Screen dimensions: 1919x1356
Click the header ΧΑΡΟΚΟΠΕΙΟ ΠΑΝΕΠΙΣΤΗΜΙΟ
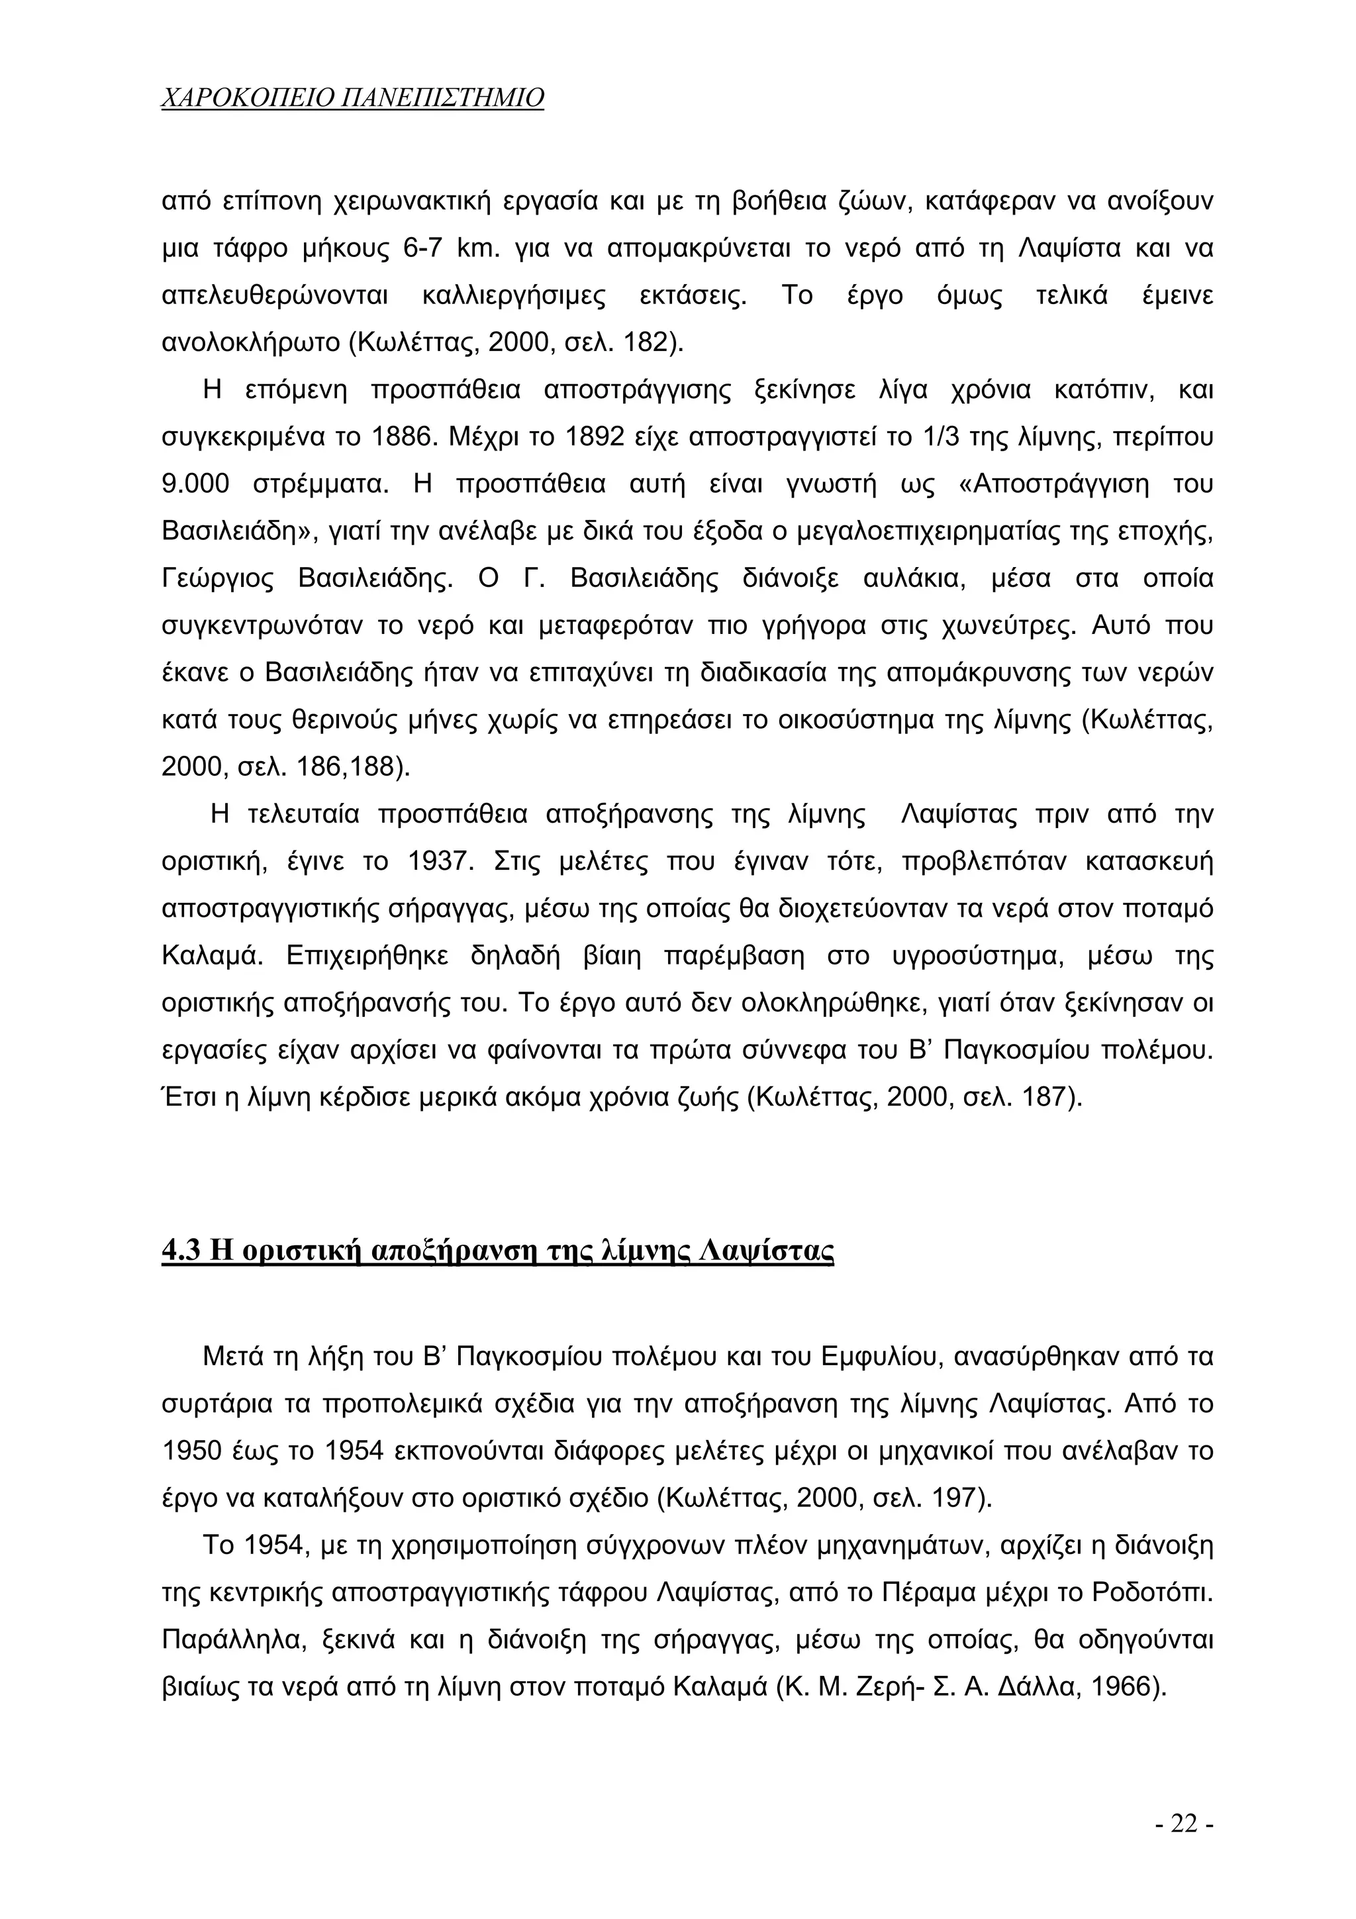(x=352, y=98)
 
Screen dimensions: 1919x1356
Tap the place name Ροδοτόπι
(x=1151, y=1593)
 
